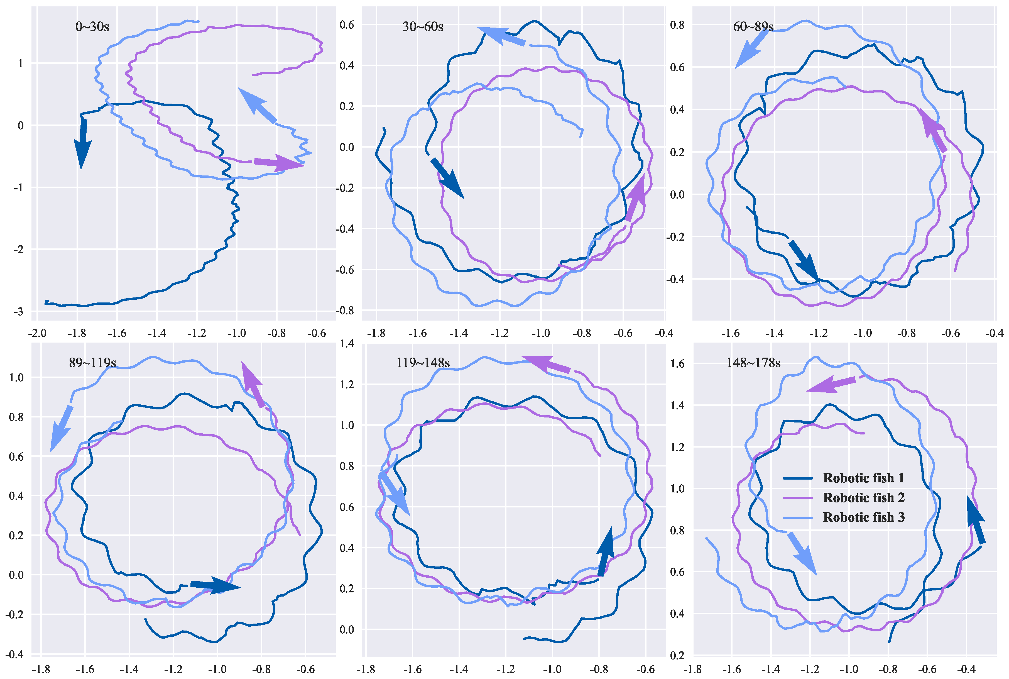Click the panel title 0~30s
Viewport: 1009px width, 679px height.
click(92, 27)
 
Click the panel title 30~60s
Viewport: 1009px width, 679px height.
click(422, 27)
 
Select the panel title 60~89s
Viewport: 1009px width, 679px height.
click(753, 27)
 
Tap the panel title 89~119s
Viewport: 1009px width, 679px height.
click(92, 362)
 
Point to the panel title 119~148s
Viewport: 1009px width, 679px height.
click(422, 362)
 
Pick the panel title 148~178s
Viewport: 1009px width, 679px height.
click(753, 362)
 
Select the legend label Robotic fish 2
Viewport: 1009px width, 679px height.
click(863, 498)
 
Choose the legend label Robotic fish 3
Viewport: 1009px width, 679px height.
click(863, 517)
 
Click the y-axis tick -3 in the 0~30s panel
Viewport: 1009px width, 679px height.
click(18, 312)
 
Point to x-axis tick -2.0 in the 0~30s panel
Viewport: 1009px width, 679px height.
click(37, 333)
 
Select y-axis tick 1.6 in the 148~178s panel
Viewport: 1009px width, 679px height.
click(677, 364)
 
